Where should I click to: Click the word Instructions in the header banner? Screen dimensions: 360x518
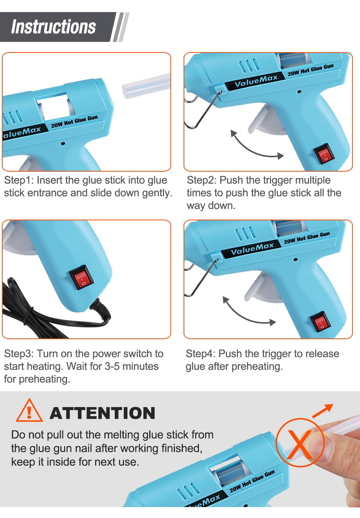[54, 27]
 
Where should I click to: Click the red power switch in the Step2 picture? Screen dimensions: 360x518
[324, 154]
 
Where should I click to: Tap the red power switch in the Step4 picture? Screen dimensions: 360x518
[319, 321]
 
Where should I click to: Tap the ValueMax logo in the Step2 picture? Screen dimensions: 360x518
[256, 81]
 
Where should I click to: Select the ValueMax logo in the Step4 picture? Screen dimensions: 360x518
[252, 249]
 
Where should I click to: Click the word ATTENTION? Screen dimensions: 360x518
[103, 413]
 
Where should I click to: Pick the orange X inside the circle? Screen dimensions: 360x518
[300, 445]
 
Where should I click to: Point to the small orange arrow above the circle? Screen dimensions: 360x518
[323, 410]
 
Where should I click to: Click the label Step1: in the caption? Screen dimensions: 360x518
[19, 180]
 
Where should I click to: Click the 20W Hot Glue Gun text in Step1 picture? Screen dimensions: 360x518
[74, 121]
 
